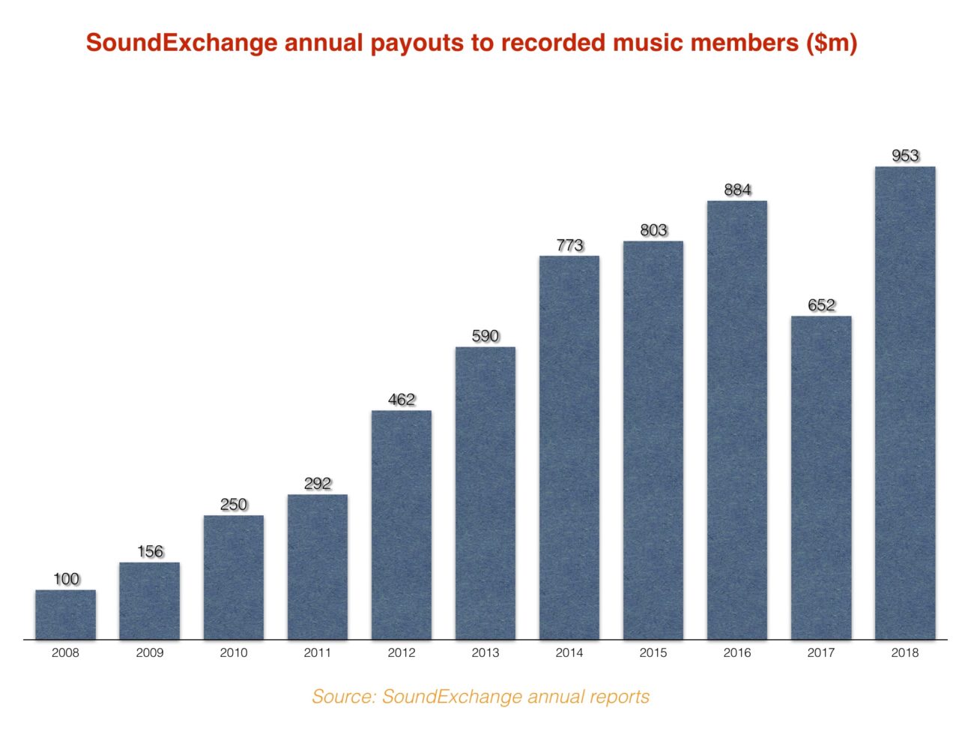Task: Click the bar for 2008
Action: (65, 614)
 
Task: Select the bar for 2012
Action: (401, 525)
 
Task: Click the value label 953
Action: (905, 155)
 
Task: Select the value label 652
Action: (821, 305)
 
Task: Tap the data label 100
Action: (66, 579)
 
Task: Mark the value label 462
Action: (402, 400)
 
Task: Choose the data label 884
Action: (737, 190)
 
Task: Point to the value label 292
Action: (318, 484)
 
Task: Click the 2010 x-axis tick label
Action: (233, 652)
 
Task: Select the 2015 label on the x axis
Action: (653, 652)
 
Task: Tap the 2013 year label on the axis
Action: (485, 652)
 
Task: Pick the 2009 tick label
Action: (149, 652)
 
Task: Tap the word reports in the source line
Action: (619, 697)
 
